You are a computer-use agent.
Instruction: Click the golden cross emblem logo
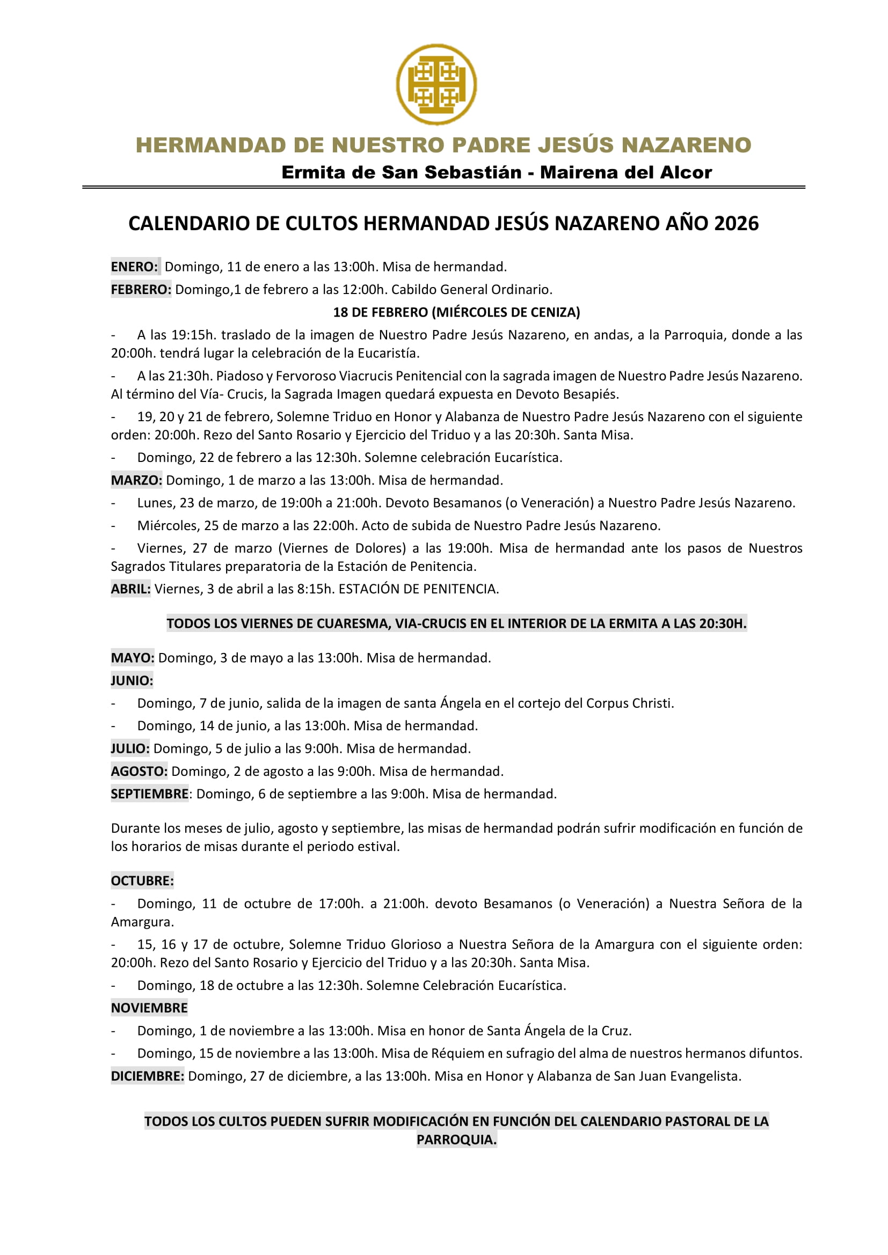[x=436, y=84]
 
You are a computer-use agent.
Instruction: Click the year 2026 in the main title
[x=736, y=224]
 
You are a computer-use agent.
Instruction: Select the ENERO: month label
[x=135, y=267]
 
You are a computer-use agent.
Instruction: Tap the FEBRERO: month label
[x=141, y=289]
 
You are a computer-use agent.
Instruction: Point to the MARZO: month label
[x=137, y=480]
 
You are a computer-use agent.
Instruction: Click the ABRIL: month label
[x=130, y=589]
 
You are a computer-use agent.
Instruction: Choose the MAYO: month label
[x=133, y=658]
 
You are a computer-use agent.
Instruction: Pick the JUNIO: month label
[x=132, y=680]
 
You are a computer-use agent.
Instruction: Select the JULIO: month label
[x=130, y=748]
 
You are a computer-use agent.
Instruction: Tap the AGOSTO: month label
[x=140, y=771]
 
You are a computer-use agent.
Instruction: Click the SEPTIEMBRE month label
[x=150, y=794]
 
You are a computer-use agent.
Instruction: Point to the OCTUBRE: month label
[x=142, y=880]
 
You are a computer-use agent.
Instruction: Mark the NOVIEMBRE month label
[x=149, y=1008]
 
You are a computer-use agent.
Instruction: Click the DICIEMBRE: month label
[x=148, y=1076]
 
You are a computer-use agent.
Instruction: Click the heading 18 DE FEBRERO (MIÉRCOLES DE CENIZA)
[x=456, y=312]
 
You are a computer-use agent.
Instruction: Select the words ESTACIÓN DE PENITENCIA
[x=418, y=589]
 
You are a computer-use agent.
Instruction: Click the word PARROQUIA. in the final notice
[x=456, y=1140]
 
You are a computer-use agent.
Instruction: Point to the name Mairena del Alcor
[x=626, y=172]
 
